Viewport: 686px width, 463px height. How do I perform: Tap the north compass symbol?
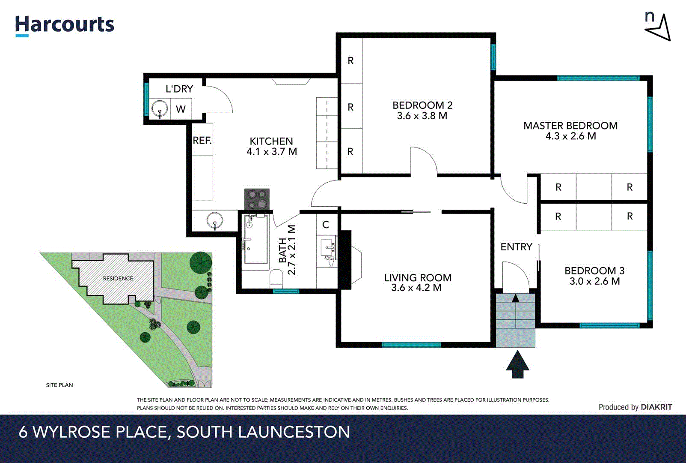pos(658,27)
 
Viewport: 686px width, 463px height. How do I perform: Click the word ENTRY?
pos(516,247)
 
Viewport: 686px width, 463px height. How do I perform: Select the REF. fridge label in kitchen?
pos(202,140)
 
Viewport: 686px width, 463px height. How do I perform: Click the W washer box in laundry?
pos(181,109)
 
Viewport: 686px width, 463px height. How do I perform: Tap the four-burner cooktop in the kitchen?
pos(257,199)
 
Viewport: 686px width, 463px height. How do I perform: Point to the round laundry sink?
pos(160,109)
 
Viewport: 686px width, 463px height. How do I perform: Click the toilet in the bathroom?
pos(276,279)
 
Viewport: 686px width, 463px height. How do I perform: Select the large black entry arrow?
pos(517,364)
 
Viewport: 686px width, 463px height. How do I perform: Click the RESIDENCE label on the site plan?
pos(118,278)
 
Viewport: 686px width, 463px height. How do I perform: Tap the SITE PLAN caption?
pos(59,385)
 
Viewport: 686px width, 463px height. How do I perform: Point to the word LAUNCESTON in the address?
pos(294,432)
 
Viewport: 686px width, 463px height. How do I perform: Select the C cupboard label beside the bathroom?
pos(326,225)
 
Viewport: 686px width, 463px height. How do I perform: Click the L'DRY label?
pos(179,89)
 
